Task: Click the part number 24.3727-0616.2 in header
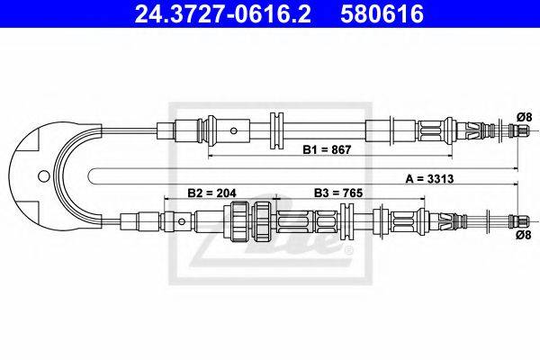tap(222, 13)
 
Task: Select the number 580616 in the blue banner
tap(382, 13)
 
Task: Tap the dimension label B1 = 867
tap(327, 149)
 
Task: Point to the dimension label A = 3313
tap(429, 179)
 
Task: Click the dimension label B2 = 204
tap(211, 193)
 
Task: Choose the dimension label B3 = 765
tap(338, 193)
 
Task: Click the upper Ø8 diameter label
tap(524, 117)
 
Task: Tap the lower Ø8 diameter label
tap(524, 235)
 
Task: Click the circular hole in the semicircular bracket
tap(44, 176)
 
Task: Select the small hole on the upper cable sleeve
tap(234, 130)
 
